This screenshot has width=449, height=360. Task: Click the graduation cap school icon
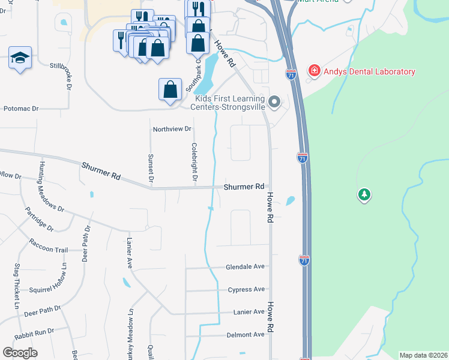point(20,59)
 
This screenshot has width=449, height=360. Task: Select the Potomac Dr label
point(21,109)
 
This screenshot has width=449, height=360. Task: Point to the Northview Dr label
point(172,129)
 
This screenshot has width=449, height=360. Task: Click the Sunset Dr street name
point(151,167)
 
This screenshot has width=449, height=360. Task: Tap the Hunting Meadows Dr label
point(52,187)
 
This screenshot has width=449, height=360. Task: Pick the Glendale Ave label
point(245,267)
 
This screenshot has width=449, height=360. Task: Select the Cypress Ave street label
point(246,290)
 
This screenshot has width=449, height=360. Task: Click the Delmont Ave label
point(245,335)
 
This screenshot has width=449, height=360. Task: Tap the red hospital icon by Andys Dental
point(313,71)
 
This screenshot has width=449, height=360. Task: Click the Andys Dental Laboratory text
point(369,72)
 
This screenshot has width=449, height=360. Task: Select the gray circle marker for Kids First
point(275,101)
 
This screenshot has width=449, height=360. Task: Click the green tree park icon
point(364,194)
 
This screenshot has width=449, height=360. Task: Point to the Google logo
point(20,353)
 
